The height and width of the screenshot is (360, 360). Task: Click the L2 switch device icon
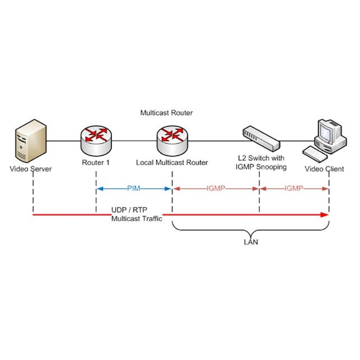(259, 138)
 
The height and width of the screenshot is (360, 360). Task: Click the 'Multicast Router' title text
(166, 113)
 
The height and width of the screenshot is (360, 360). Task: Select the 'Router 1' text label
(96, 163)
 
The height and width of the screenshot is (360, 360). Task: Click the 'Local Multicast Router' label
(172, 163)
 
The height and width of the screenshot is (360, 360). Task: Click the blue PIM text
(134, 189)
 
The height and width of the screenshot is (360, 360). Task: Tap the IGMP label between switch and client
(294, 189)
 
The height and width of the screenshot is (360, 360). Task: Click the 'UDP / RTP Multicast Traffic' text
(137, 214)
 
